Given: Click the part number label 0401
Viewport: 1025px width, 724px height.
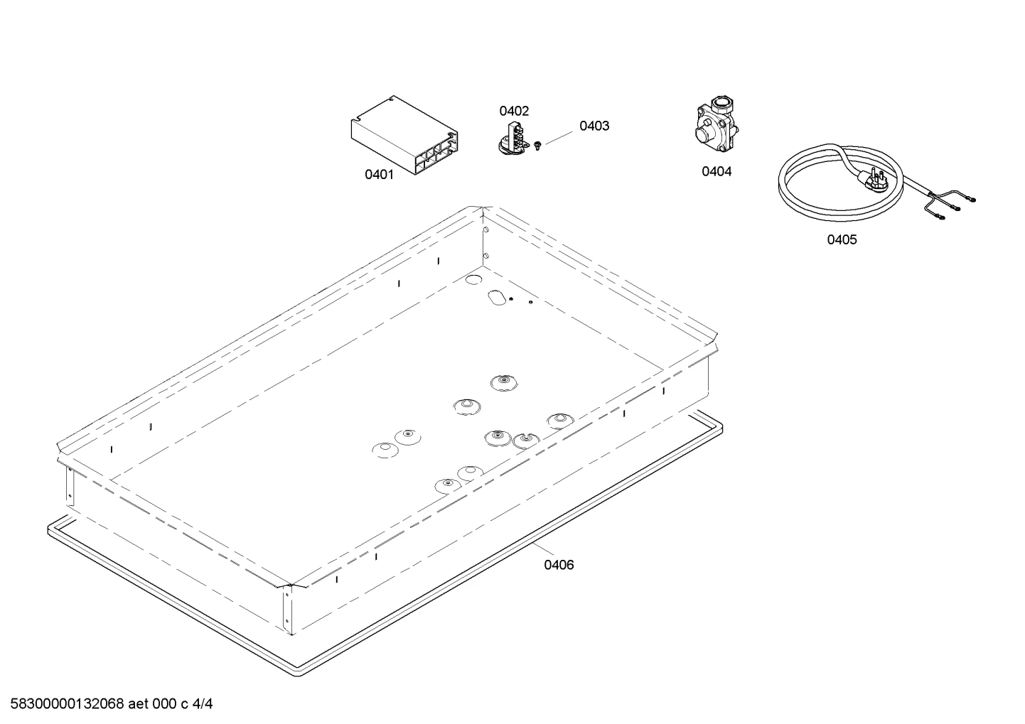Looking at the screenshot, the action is pos(379,174).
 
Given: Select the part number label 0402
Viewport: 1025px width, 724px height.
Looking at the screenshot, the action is pos(514,111).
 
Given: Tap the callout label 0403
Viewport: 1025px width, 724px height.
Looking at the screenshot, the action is pos(594,126).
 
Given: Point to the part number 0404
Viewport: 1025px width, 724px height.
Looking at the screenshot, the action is pos(717,171).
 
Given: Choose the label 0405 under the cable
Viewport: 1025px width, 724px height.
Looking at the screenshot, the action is pos(842,239).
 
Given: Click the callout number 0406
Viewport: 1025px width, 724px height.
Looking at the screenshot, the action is pos(559,565).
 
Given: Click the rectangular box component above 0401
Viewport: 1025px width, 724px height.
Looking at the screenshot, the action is pos(404,134).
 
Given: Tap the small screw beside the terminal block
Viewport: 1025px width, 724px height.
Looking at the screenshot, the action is pos(537,146).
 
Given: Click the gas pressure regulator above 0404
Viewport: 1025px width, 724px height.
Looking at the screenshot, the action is pos(716,124).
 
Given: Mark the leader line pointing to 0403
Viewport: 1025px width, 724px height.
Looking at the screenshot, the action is pos(559,138).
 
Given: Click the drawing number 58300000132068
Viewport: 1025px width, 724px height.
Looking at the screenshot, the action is pos(67,704).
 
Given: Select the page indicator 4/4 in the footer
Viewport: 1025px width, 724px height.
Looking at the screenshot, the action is pos(203,704).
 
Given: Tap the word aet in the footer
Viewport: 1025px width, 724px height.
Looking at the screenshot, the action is pos(138,704).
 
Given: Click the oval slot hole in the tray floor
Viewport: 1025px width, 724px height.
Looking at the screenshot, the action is pos(497,297).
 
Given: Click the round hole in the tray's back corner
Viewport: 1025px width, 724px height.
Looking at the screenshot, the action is pos(473,279).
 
